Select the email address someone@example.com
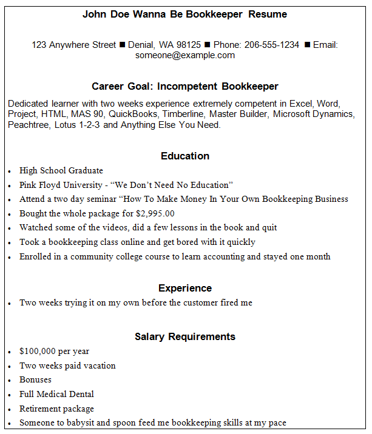click(x=185, y=55)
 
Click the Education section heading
click(x=185, y=156)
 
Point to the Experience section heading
click(x=185, y=288)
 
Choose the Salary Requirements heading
click(x=185, y=336)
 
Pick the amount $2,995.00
click(x=155, y=213)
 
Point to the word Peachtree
click(x=29, y=125)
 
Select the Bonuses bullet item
click(x=35, y=379)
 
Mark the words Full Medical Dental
click(x=56, y=394)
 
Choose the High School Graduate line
click(x=61, y=170)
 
